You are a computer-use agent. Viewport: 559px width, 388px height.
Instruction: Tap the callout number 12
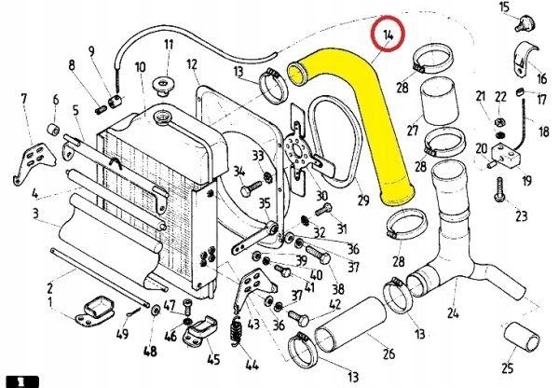191,64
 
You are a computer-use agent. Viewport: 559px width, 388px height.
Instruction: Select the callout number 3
34,215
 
